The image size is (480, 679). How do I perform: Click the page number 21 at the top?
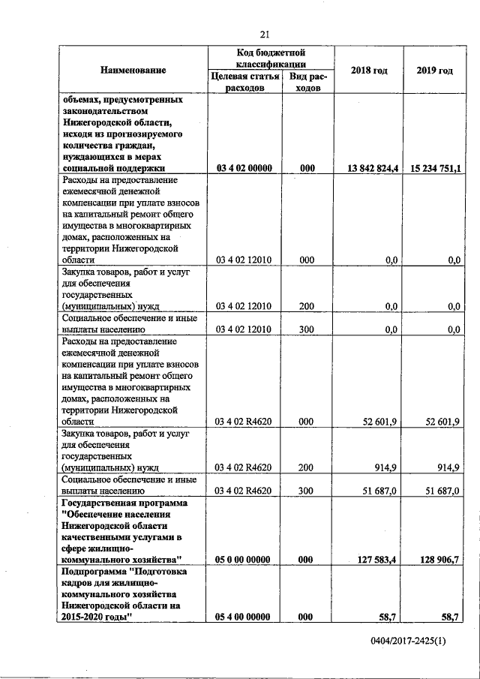pyautogui.click(x=264, y=34)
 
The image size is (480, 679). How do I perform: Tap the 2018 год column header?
pyautogui.click(x=368, y=71)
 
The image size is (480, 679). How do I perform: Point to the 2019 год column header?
pyautogui.click(x=434, y=71)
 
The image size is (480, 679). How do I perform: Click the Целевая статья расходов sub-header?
pyautogui.click(x=244, y=82)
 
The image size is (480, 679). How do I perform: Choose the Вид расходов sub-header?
pyautogui.click(x=306, y=82)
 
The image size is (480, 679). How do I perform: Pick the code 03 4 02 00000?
pyautogui.click(x=244, y=169)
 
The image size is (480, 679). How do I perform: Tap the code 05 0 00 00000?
pyautogui.click(x=244, y=559)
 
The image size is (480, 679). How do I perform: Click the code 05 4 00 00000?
pyautogui.click(x=244, y=617)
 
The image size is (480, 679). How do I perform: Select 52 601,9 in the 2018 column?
pyautogui.click(x=379, y=422)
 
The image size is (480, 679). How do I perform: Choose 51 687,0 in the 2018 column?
pyautogui.click(x=379, y=490)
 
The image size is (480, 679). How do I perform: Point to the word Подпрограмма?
pyautogui.click(x=94, y=572)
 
